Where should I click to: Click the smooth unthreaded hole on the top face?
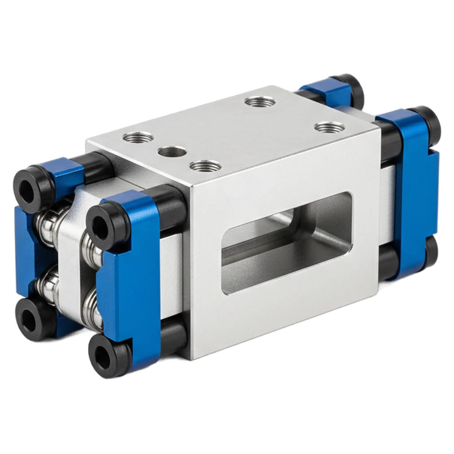tap(173, 153)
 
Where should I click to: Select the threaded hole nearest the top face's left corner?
tap(138, 137)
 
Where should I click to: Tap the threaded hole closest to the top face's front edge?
tap(205, 167)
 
